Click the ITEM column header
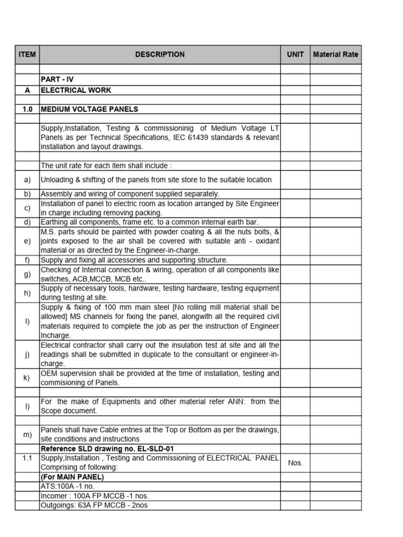(x=27, y=55)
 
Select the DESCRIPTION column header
(x=160, y=55)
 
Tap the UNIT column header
(x=295, y=55)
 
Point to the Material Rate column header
(x=335, y=55)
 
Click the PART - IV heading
(x=57, y=80)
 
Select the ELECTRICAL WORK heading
(x=76, y=90)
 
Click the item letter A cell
(x=27, y=90)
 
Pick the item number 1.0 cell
(x=27, y=109)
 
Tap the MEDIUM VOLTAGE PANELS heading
(x=89, y=109)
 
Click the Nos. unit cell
(x=295, y=463)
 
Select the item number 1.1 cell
(x=27, y=458)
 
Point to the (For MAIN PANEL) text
(x=72, y=477)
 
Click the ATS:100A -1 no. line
(x=68, y=486)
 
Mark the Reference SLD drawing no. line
(x=107, y=449)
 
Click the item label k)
(x=27, y=378)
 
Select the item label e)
(x=27, y=241)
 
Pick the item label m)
(x=27, y=435)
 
